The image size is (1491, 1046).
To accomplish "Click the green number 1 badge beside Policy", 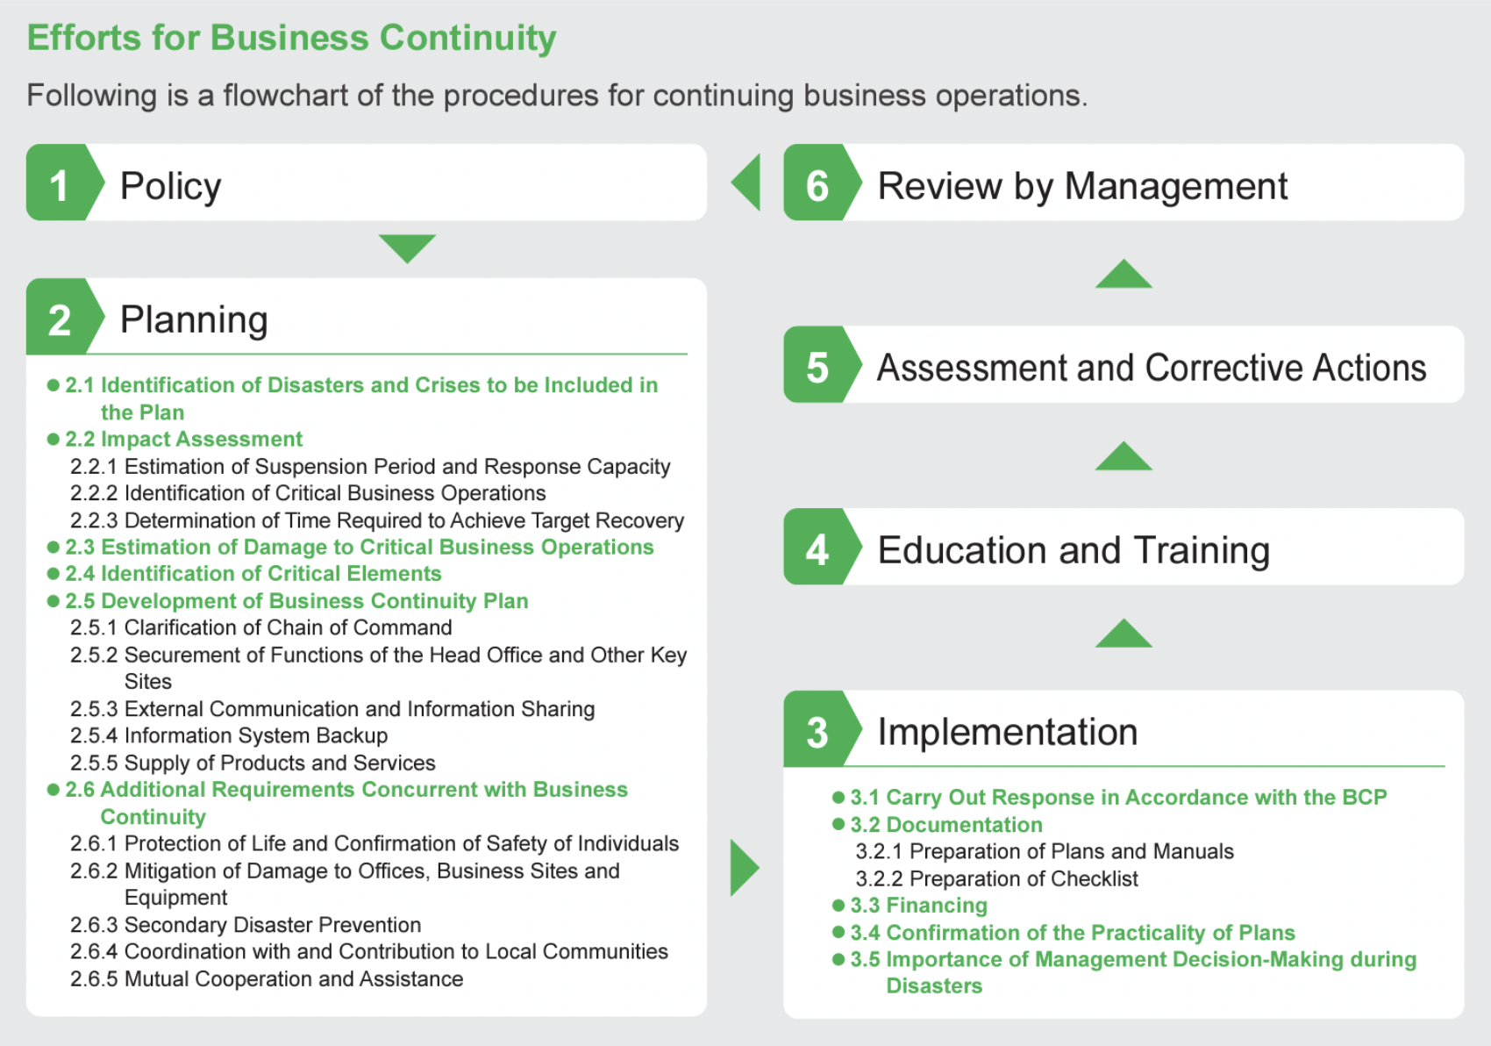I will pos(60,184).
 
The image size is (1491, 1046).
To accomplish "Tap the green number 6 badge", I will pos(817,184).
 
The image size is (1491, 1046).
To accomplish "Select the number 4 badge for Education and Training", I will pos(817,549).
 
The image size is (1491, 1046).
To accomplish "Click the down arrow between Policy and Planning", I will pos(407,247).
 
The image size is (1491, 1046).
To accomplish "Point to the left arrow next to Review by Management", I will pos(747,183).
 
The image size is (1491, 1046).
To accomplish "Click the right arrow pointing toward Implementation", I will pos(744,868).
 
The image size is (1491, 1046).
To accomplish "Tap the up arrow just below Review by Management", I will pos(1124,276).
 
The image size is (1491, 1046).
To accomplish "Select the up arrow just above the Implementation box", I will pos(1124,634).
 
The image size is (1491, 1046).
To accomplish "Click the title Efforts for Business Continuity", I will pos(291,38).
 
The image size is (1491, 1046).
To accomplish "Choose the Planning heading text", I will pos(194,319).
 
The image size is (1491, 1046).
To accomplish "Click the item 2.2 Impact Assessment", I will pos(183,439).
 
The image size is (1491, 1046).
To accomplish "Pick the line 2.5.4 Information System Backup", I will pos(229,735).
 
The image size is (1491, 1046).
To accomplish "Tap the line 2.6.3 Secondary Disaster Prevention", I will pos(246,925).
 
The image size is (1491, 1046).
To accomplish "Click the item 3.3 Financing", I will pos(918,905).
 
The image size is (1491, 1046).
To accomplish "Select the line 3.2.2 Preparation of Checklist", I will pos(996,878).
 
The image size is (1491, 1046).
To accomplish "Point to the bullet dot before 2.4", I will pos(54,574).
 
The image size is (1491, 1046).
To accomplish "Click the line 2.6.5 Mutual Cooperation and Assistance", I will pos(267,978).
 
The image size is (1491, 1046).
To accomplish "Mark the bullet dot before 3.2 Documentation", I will pos(838,825).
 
